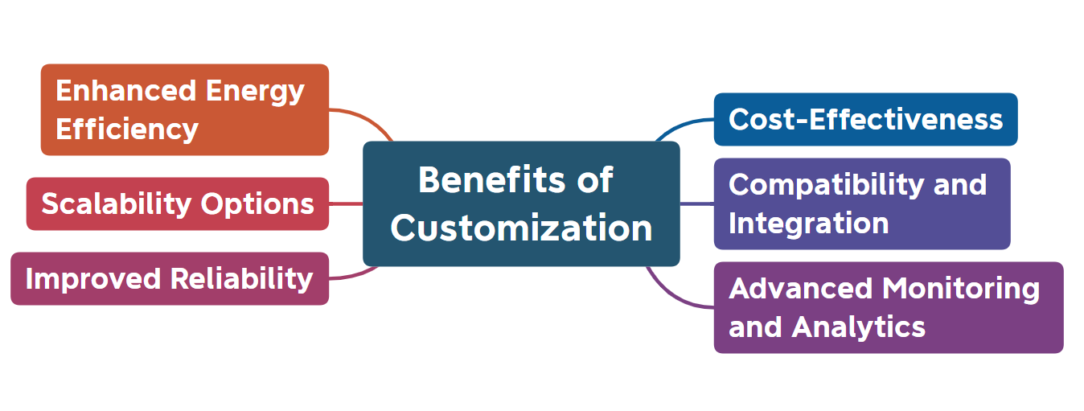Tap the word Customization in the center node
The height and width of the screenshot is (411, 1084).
(x=521, y=228)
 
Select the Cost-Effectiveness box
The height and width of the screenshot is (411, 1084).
(x=865, y=120)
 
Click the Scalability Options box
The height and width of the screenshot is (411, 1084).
(x=178, y=203)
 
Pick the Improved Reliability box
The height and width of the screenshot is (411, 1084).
(x=169, y=278)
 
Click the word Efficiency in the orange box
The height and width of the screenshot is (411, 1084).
(x=126, y=129)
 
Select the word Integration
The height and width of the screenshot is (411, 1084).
(x=808, y=223)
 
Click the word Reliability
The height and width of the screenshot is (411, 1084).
(x=241, y=278)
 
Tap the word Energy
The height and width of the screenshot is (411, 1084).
(x=255, y=91)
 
